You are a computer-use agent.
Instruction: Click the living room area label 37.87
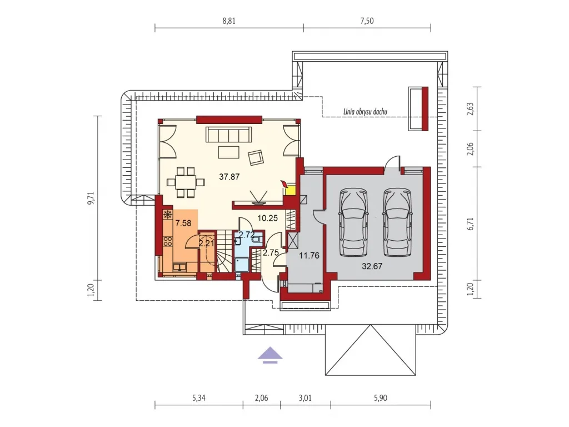[x=229, y=177]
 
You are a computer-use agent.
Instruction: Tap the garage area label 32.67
[x=372, y=266]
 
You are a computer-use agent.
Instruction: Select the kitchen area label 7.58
[x=183, y=223]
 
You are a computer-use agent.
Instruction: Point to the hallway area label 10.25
[x=267, y=218]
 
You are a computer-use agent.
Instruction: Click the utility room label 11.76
[x=309, y=255]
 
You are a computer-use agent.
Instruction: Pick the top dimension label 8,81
[x=229, y=21]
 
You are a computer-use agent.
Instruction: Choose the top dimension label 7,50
[x=367, y=21]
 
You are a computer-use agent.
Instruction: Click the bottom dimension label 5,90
[x=380, y=398]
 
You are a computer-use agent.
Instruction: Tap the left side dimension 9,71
[x=91, y=198]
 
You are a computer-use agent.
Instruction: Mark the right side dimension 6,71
[x=471, y=224]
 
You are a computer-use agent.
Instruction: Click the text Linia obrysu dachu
[x=365, y=111]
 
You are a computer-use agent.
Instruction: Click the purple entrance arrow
[x=270, y=355]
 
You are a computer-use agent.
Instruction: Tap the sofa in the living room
[x=229, y=135]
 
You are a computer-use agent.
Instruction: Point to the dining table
[x=185, y=182]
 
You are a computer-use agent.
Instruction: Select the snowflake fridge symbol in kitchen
[x=168, y=215]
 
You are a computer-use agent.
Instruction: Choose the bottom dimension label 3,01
[x=305, y=398]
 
